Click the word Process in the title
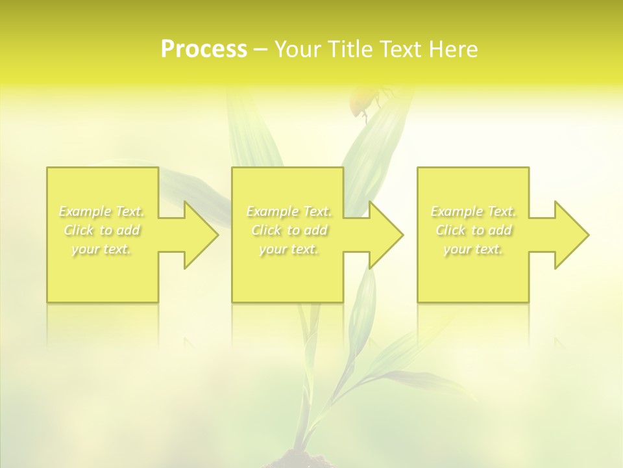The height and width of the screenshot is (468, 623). click(x=204, y=49)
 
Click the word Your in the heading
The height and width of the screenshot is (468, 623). click(x=299, y=49)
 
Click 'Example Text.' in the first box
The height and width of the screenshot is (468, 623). click(x=102, y=211)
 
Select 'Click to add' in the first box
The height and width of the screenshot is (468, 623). click(x=102, y=230)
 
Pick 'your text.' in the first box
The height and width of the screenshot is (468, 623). click(x=102, y=249)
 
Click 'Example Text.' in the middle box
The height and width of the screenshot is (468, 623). click(x=289, y=211)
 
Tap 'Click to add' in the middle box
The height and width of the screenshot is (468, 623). click(x=289, y=230)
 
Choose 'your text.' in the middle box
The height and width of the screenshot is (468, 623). click(x=289, y=249)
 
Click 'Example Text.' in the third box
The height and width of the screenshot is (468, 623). click(x=474, y=211)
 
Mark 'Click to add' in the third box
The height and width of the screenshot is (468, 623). click(x=474, y=230)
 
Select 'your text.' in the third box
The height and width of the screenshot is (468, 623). click(x=474, y=249)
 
